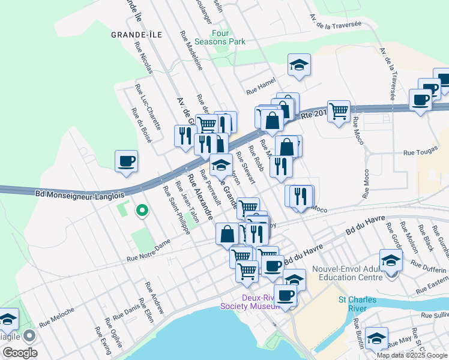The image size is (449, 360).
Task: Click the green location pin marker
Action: [142, 211]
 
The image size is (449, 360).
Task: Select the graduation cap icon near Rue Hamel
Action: [298, 65]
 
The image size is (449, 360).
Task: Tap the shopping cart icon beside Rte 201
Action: [339, 110]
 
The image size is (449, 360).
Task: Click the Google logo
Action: [20, 352]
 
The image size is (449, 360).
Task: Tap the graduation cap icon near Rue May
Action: [376, 339]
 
